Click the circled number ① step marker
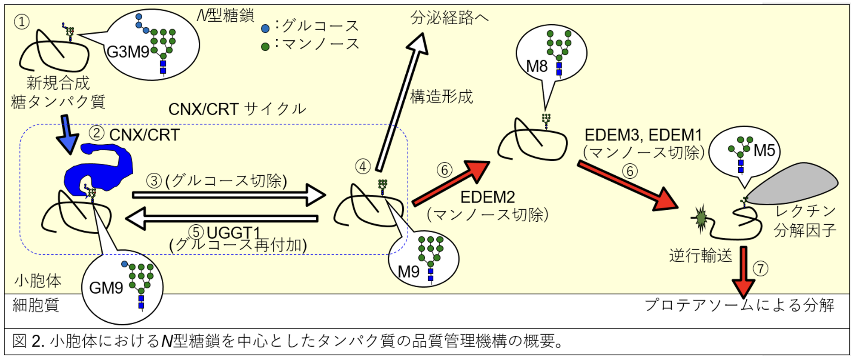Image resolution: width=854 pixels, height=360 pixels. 22,21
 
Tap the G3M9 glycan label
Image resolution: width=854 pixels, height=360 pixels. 128,52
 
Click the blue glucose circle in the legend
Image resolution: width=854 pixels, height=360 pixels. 265,29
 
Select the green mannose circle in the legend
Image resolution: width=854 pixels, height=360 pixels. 265,46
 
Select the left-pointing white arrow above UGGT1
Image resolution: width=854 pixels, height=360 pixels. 221,218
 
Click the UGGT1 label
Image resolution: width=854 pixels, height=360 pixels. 233,233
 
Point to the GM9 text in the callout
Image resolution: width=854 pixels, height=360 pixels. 106,288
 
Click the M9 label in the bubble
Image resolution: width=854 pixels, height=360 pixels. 408,272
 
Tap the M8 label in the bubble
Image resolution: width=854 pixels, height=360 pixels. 536,66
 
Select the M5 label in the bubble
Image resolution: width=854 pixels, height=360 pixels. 764,151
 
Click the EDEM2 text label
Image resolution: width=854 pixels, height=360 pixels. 487,197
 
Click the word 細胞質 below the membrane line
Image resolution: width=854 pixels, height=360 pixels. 36,305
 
